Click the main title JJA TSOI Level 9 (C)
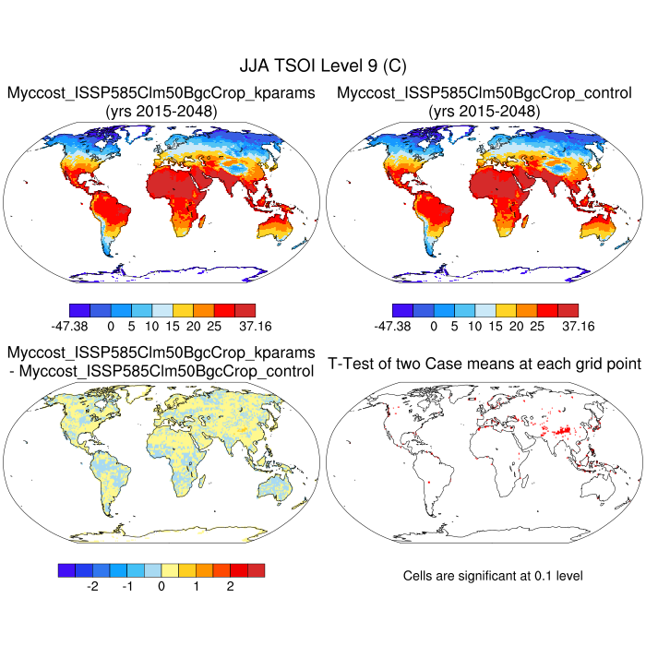tap(323, 66)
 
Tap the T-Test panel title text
tap(484, 365)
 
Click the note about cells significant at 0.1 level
tap(493, 576)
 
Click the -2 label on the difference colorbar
tap(92, 586)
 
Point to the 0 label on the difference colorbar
tap(161, 586)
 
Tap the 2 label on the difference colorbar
tap(230, 586)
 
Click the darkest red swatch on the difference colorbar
tap(256, 570)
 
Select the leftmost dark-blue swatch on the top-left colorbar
tap(79, 310)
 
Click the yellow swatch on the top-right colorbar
tap(506, 310)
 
